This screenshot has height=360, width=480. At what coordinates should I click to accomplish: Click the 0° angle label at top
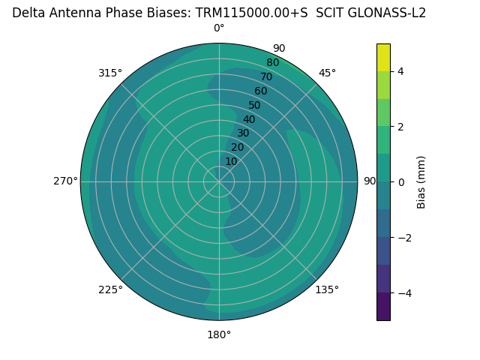219,28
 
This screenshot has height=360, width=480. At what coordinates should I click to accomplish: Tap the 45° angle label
327,73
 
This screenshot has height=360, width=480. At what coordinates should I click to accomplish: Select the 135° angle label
327,289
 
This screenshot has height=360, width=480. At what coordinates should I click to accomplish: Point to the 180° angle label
219,334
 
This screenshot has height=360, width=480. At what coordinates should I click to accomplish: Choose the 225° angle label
110,289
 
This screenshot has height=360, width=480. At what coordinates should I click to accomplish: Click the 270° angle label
65,181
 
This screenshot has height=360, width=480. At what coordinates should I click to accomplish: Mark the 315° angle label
110,73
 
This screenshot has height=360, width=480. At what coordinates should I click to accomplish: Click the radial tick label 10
231,161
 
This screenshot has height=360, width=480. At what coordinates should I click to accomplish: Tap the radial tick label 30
243,133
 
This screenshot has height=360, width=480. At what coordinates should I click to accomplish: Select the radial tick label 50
255,106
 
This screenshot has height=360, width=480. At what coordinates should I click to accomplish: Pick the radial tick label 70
267,77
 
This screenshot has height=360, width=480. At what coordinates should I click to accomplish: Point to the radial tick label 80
272,63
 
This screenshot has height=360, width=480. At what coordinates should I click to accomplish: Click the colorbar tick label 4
400,71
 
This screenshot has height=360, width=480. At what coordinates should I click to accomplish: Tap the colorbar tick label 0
400,182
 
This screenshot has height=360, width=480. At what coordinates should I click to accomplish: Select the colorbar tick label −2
403,238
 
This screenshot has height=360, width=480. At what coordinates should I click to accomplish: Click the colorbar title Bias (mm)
421,182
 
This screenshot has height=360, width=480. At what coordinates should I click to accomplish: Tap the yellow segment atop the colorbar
383,57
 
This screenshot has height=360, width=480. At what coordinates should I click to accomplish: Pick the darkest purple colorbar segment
383,307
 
